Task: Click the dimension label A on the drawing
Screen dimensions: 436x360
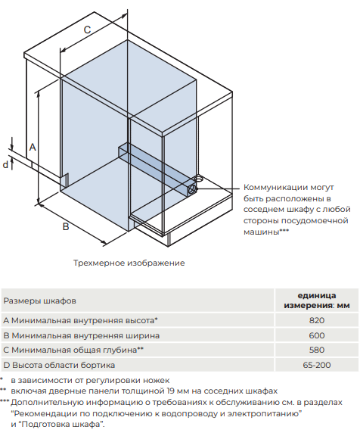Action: [33, 146]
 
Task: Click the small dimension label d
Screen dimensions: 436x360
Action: [5, 163]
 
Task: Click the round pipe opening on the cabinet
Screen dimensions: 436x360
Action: [197, 179]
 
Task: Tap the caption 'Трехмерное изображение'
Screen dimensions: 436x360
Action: [129, 263]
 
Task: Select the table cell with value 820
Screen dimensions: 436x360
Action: [317, 320]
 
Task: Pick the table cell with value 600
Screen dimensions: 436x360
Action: [317, 335]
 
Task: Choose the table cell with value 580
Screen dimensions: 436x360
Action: [317, 350]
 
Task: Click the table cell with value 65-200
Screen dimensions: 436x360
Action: [317, 365]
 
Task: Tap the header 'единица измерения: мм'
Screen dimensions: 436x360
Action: [317, 300]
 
